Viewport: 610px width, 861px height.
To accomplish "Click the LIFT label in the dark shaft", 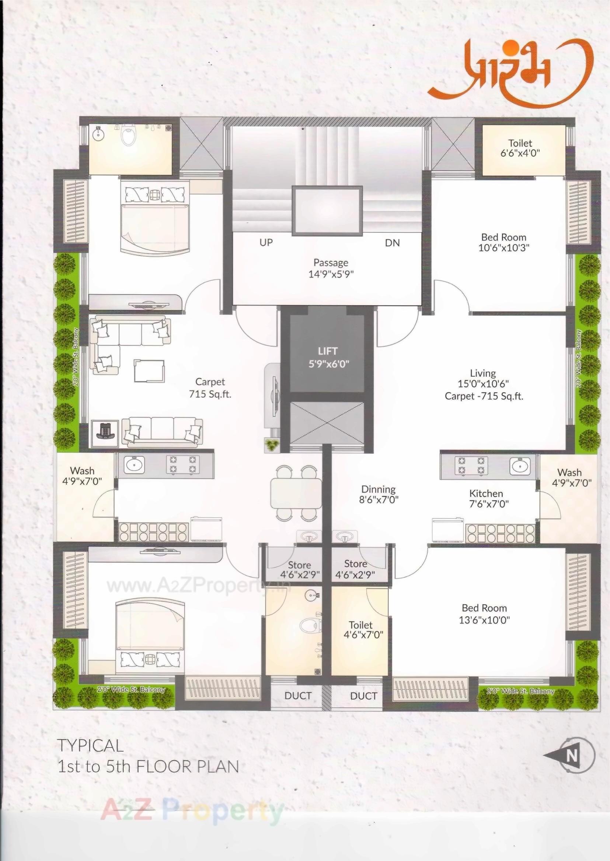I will coord(327,351).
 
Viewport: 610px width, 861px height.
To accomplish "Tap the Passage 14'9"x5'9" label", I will coord(331,268).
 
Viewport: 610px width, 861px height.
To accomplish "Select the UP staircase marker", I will coord(266,242).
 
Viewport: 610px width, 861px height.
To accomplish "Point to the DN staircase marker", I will coord(392,243).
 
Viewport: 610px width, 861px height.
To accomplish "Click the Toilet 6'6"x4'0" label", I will coord(520,148).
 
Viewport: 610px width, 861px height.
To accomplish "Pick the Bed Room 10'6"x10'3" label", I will coord(503,242).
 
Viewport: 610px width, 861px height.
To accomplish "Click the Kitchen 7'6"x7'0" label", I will coord(486,498).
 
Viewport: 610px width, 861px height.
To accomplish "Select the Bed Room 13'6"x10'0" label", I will coord(484,614).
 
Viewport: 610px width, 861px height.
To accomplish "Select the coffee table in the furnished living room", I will coord(149,371).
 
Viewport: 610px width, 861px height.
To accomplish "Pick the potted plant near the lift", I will coord(271,445).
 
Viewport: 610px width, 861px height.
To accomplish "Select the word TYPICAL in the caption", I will coord(90,746).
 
